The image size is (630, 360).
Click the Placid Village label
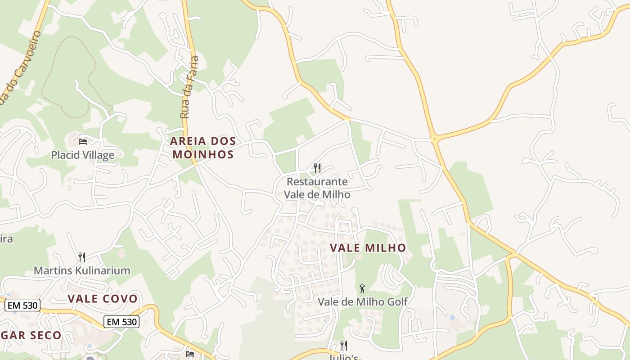click(x=82, y=155)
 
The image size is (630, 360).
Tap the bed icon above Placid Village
click(x=83, y=141)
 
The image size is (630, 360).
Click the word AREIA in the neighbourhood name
click(x=188, y=141)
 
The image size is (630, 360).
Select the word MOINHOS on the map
click(x=203, y=154)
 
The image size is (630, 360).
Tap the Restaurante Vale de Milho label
click(x=317, y=188)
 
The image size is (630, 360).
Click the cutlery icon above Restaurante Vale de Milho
click(x=317, y=168)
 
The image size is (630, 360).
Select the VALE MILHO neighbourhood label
click(x=368, y=247)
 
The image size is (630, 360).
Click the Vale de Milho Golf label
click(x=363, y=301)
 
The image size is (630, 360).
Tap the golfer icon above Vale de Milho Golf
click(x=362, y=288)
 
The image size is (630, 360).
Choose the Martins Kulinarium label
click(x=82, y=270)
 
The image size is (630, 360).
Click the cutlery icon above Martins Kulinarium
click(x=81, y=257)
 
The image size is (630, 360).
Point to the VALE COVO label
click(x=103, y=298)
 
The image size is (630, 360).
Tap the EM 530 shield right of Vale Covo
click(x=121, y=322)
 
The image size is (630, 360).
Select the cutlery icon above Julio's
click(x=343, y=346)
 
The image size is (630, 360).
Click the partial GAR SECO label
click(x=31, y=335)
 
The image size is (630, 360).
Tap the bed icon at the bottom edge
click(x=189, y=355)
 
